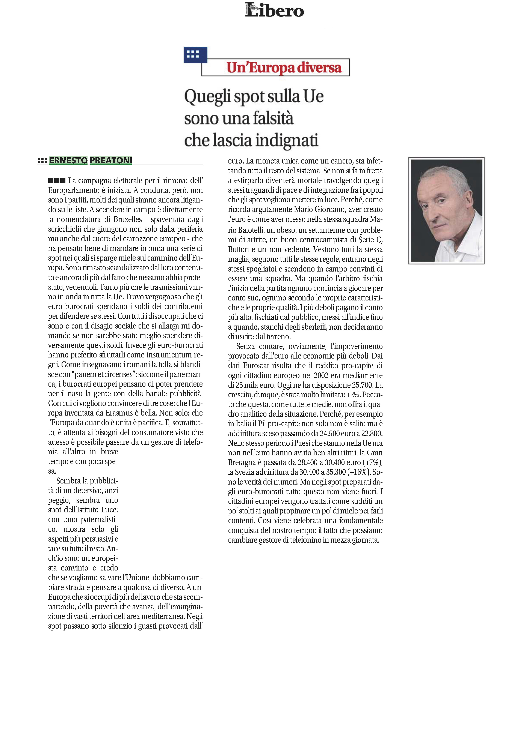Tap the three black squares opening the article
tap(57, 180)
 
